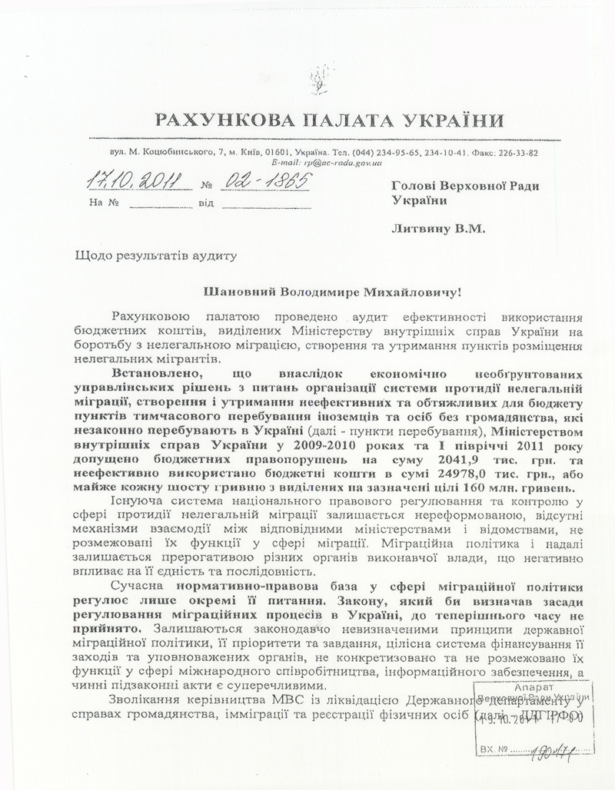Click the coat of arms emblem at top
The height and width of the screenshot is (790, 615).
pos(316,79)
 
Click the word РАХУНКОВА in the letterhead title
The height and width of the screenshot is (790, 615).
pos(213,121)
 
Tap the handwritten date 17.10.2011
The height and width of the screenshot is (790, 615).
pos(131,181)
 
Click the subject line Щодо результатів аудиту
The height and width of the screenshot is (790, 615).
pos(152,254)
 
